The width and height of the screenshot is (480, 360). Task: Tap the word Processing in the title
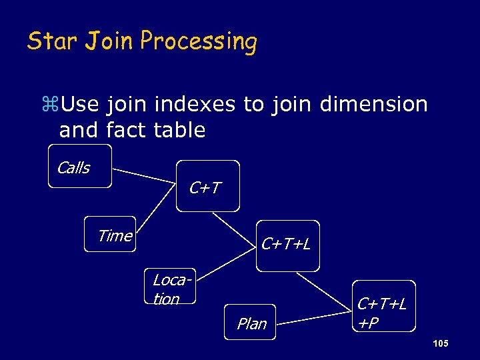pyautogui.click(x=199, y=42)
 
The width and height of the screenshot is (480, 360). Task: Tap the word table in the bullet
pyautogui.click(x=181, y=130)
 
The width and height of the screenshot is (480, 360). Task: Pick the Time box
pyautogui.click(x=110, y=234)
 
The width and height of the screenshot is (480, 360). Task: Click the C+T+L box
pyautogui.click(x=287, y=245)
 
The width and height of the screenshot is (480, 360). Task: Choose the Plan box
pyautogui.click(x=250, y=323)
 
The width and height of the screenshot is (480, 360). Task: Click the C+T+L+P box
pyautogui.click(x=383, y=305)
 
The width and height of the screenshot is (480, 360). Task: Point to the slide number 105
pyautogui.click(x=440, y=343)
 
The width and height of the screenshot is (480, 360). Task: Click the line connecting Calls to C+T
pyautogui.click(x=145, y=175)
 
